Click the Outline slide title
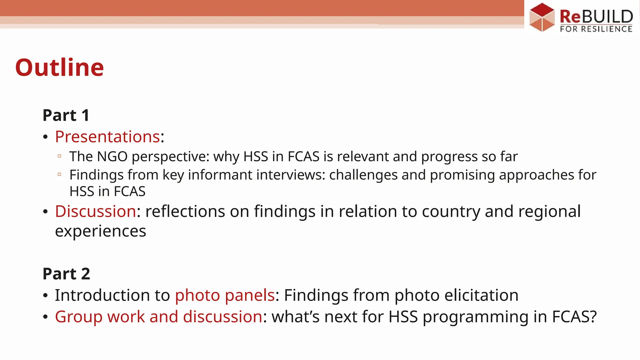pos(59,67)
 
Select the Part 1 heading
pos(66,115)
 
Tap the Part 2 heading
pos(66,274)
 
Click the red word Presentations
pos(107,137)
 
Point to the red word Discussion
pos(95,211)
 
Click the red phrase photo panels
pos(225,295)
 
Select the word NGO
pos(112,157)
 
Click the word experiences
pos(100,231)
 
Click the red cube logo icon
pos(542,17)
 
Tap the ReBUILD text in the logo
pos(596,16)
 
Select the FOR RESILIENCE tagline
pos(596,29)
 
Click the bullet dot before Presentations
pos(46,137)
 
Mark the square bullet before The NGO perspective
pos(59,156)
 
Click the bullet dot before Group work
pos(46,317)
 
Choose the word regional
pos(549,211)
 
